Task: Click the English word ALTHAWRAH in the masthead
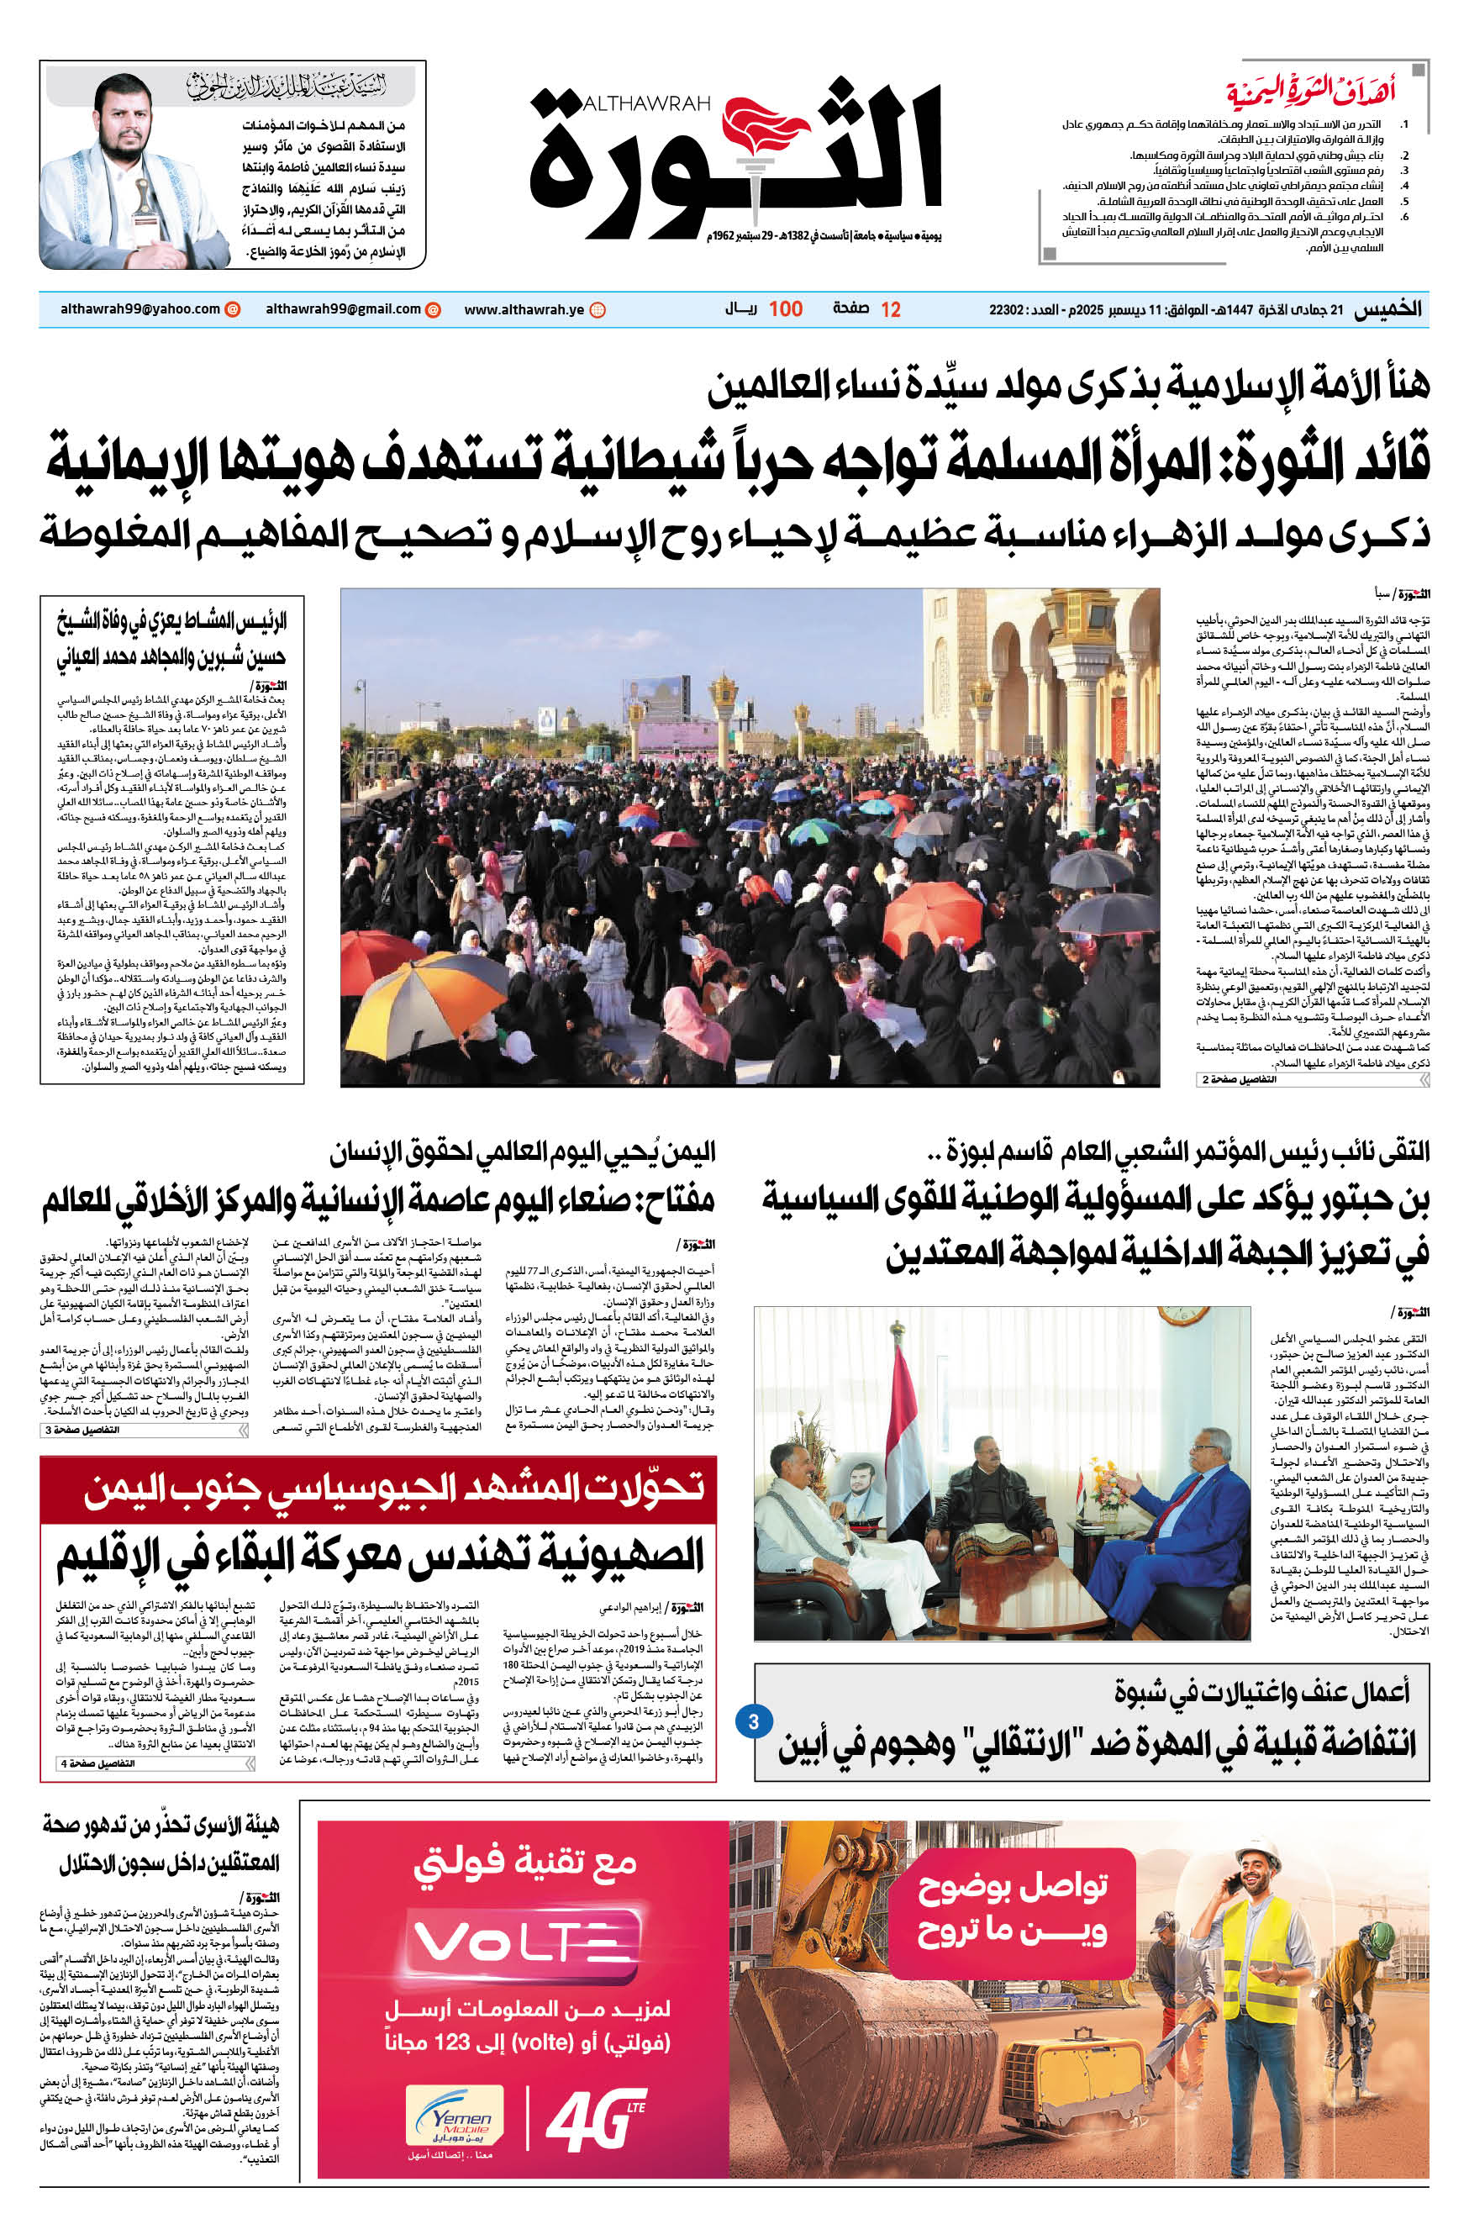coord(645,104)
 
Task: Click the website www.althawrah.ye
coord(524,309)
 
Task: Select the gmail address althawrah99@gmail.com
coord(343,309)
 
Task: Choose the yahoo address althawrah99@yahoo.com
coord(140,309)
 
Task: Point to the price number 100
coord(785,309)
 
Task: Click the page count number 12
coord(890,310)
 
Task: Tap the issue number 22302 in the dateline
coord(1006,310)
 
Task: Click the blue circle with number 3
coord(753,1720)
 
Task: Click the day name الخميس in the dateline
coord(1387,310)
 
